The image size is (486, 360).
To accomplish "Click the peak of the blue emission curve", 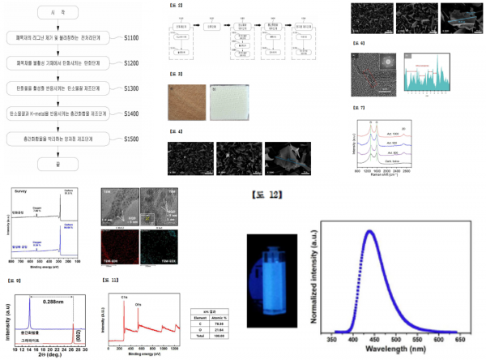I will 369,231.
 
